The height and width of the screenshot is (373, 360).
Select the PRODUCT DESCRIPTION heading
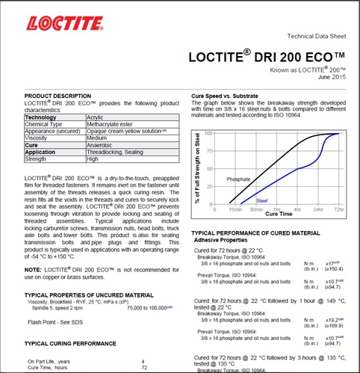58,97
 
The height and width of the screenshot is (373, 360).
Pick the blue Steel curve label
261,200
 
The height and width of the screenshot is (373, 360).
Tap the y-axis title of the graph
198,168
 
